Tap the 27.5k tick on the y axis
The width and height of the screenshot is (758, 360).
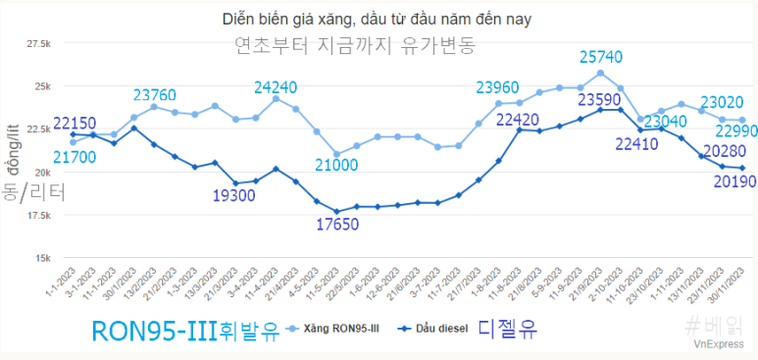pyautogui.click(x=39, y=44)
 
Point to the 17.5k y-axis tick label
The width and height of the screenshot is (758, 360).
pyautogui.click(x=39, y=215)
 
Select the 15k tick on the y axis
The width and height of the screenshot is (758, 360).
pyautogui.click(x=44, y=258)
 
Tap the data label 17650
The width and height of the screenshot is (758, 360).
pyautogui.click(x=336, y=225)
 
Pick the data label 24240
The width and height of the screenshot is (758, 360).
pyautogui.click(x=276, y=86)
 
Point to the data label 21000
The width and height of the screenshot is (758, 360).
pyautogui.click(x=336, y=166)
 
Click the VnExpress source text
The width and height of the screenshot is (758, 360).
pyautogui.click(x=720, y=345)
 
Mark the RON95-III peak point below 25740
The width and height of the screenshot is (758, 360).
pyautogui.click(x=600, y=73)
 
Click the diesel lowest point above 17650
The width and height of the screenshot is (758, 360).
pyautogui.click(x=336, y=211)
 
